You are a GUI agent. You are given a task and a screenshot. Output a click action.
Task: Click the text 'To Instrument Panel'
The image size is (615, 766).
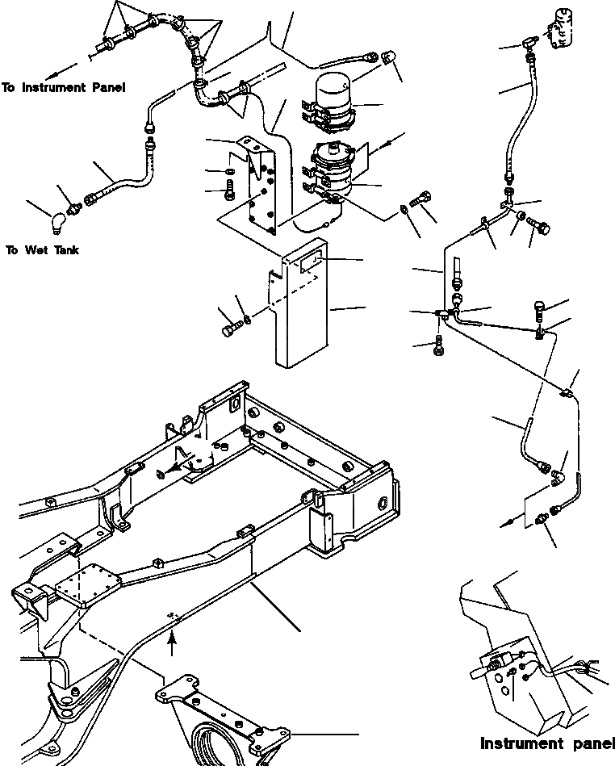pyautogui.click(x=63, y=87)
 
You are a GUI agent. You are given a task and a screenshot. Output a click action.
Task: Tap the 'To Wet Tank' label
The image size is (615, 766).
pyautogui.click(x=42, y=250)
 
